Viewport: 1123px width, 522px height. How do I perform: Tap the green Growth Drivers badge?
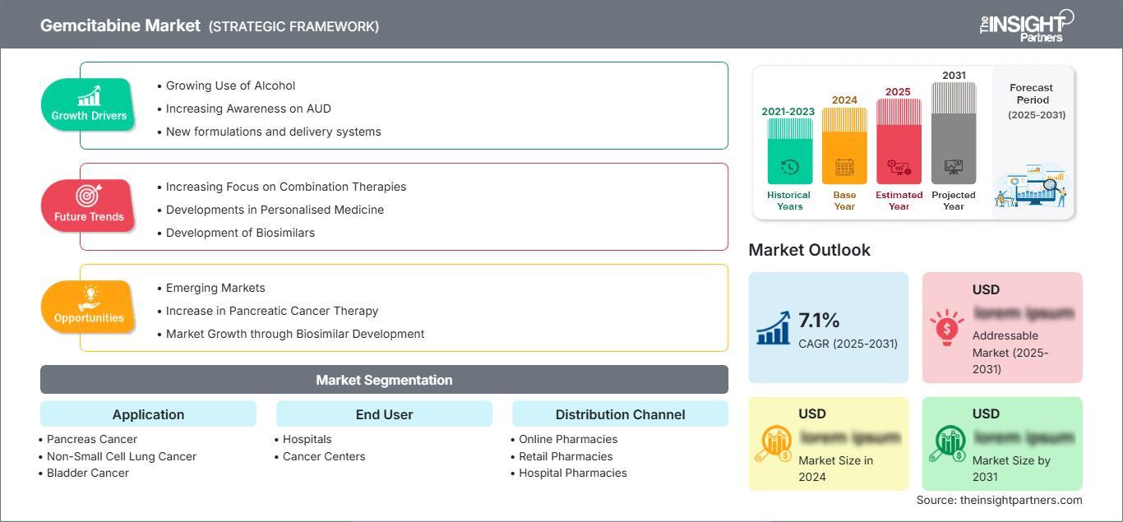coord(88,104)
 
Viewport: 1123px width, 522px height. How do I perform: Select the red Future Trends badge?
coord(88,206)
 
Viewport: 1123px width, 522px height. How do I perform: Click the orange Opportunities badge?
coord(88,307)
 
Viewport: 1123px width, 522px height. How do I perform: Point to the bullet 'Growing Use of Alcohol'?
coord(230,85)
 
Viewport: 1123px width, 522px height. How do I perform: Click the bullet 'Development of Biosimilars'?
coord(240,233)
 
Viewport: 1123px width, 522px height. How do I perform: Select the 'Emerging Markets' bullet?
coord(215,288)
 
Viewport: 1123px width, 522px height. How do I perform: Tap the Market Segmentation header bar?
coord(384,380)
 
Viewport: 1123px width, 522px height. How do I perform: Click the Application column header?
coord(148,414)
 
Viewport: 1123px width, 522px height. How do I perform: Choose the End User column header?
coord(384,414)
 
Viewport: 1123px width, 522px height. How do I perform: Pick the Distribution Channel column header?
coord(620,414)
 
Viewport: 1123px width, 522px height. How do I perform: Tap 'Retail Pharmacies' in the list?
coord(566,456)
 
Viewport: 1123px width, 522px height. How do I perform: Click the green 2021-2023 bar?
coord(789,152)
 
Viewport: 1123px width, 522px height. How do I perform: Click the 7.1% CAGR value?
coord(819,321)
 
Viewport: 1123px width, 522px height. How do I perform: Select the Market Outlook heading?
coord(809,250)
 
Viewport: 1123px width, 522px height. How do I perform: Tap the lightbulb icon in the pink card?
coord(947,327)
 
